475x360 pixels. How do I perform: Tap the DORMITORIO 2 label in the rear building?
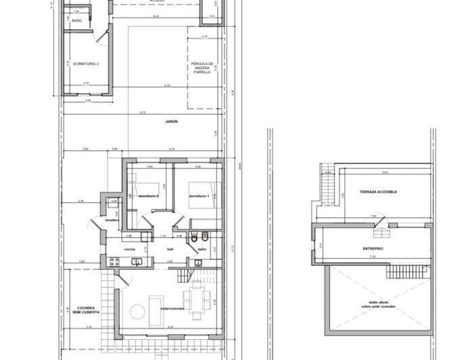point(86,64)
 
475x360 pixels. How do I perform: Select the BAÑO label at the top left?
point(76,21)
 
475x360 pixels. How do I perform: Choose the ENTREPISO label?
point(373,249)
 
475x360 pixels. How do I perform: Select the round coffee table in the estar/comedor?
point(137,311)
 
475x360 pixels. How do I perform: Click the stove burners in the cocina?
point(111,262)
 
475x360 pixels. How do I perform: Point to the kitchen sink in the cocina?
point(137,262)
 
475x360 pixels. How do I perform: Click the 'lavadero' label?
point(112,219)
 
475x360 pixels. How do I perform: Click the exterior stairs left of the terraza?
point(328,177)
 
